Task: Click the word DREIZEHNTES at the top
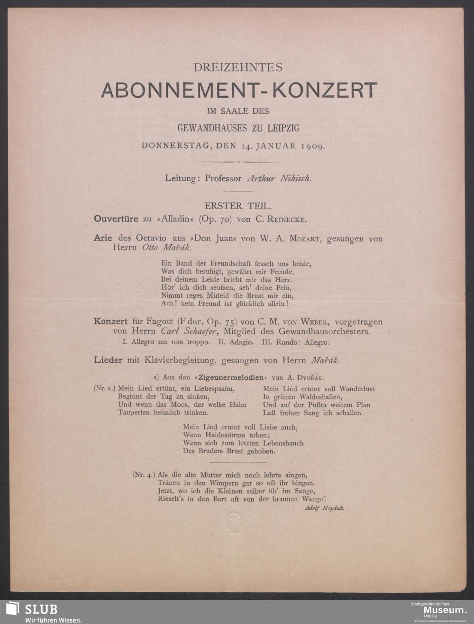238,68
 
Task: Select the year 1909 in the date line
312,146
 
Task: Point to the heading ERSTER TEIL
238,206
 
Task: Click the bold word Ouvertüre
116,219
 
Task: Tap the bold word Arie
103,239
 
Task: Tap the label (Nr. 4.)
144,475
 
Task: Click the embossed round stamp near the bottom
234,523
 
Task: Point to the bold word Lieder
108,360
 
